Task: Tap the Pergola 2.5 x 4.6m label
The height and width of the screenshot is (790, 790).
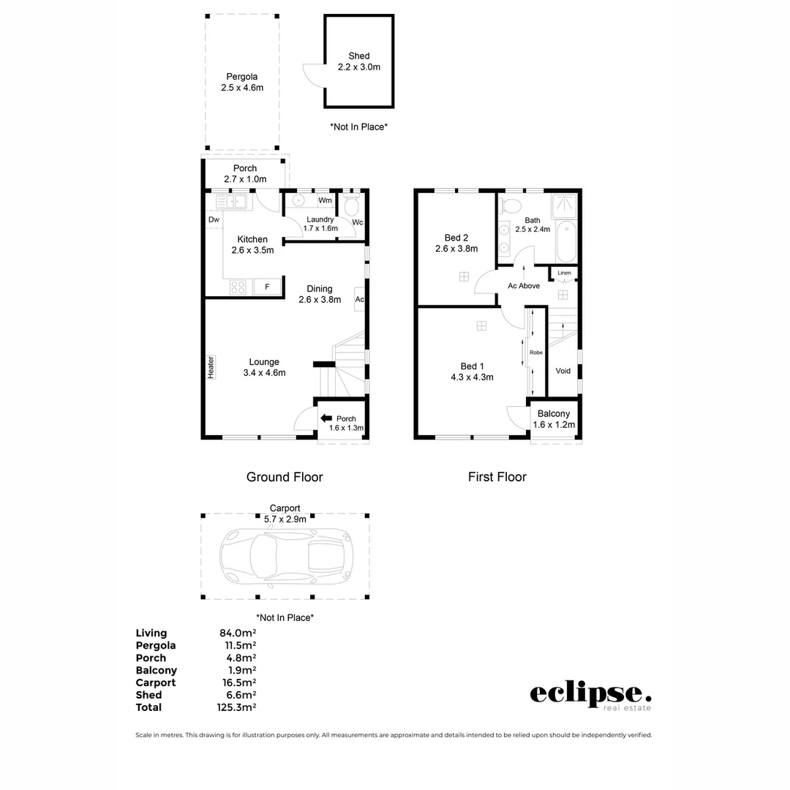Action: (x=242, y=82)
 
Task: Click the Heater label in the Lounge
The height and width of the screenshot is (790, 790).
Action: (x=211, y=366)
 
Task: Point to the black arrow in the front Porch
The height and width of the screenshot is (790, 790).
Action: (x=326, y=418)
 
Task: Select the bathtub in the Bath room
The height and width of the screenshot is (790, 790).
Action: (x=566, y=244)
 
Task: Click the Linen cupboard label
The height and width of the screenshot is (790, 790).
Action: (x=564, y=273)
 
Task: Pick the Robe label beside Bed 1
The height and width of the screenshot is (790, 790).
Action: (x=536, y=352)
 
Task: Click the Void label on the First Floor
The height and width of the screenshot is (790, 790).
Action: (x=563, y=371)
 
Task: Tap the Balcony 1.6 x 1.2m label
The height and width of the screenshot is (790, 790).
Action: (x=554, y=419)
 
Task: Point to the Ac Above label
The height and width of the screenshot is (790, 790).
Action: (x=524, y=286)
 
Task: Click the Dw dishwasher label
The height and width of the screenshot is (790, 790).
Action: (x=214, y=219)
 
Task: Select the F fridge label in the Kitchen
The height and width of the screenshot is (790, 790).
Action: (x=267, y=287)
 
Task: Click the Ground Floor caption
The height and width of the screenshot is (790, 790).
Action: (x=285, y=477)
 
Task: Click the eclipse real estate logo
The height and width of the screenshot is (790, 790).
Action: (x=590, y=696)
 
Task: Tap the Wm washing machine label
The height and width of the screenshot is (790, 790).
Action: (x=325, y=200)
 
